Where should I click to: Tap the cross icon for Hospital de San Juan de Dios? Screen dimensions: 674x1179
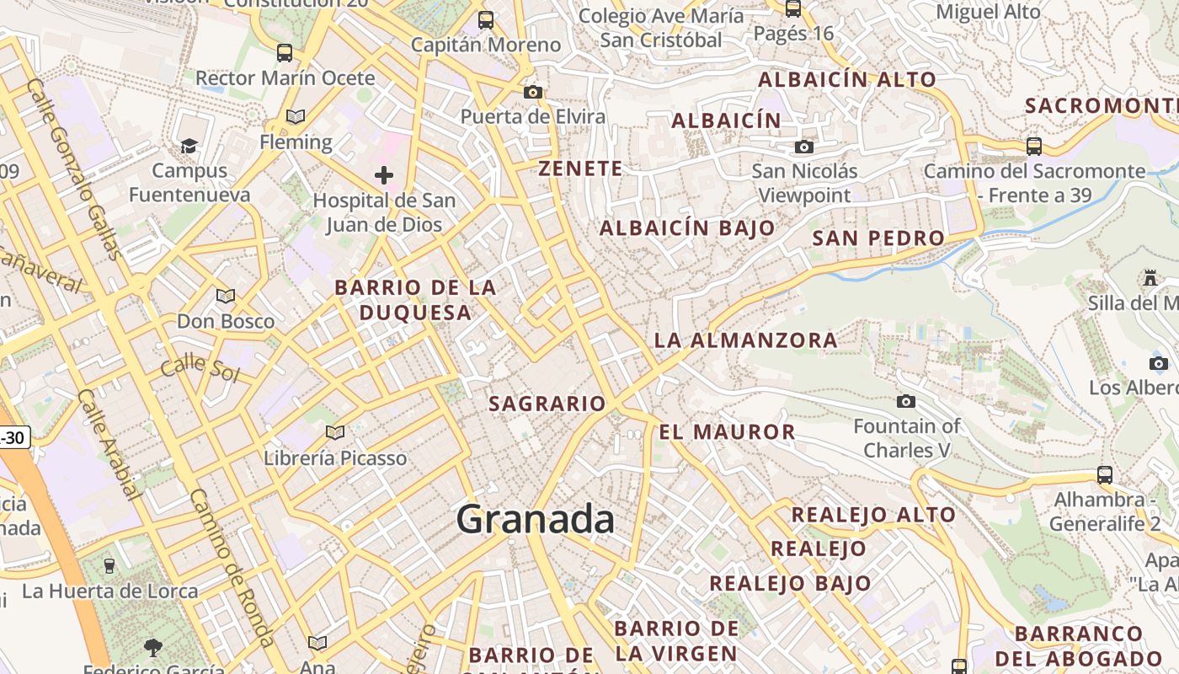click(x=384, y=175)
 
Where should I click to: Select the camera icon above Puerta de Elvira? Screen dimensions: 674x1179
click(x=533, y=92)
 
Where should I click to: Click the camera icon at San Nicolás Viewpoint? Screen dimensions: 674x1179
click(x=804, y=147)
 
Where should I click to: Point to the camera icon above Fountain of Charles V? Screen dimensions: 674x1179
click(x=906, y=401)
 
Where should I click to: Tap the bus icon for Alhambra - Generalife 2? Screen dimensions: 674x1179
click(x=1105, y=475)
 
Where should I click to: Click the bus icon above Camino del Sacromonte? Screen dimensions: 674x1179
click(x=1034, y=147)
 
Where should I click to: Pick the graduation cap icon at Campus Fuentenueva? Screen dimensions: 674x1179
click(x=189, y=147)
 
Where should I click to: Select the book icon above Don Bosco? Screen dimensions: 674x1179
click(x=225, y=296)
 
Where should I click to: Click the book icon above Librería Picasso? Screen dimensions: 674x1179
click(x=335, y=433)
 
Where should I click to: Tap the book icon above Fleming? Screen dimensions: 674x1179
click(x=296, y=116)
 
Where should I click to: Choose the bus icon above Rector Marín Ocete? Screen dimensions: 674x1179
click(x=285, y=53)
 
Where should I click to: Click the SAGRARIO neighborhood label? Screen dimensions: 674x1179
click(x=547, y=404)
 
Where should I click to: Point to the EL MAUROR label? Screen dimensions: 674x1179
click(x=727, y=432)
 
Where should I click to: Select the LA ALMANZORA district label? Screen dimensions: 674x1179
click(x=746, y=340)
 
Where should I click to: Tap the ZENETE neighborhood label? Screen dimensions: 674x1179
click(x=581, y=168)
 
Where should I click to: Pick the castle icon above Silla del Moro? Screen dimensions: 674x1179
click(x=1150, y=278)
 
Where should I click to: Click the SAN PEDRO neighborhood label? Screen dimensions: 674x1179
click(x=878, y=238)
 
